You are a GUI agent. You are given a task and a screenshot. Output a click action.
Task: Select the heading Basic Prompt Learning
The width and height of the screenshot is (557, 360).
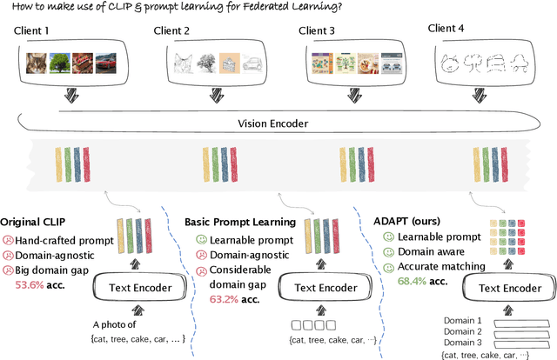coord(238,223)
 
